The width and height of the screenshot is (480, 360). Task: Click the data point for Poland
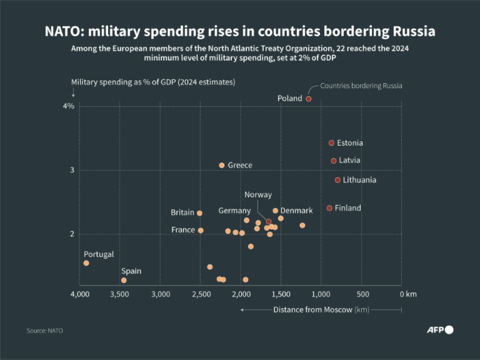click(x=309, y=99)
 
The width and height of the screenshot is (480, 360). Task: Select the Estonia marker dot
click(x=331, y=143)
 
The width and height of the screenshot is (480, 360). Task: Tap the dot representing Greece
click(x=222, y=165)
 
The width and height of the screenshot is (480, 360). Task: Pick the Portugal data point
click(x=86, y=263)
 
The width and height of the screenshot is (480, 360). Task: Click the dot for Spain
click(x=124, y=280)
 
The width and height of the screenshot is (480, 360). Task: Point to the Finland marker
click(x=329, y=208)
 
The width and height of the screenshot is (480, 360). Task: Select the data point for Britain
click(x=200, y=213)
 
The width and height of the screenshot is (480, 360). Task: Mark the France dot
click(x=201, y=231)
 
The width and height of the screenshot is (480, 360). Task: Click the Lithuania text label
click(x=359, y=180)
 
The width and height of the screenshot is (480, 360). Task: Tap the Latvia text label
click(x=349, y=160)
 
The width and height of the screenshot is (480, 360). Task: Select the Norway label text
click(x=258, y=195)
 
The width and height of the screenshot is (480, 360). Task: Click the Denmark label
click(x=296, y=211)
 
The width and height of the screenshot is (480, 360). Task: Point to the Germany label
click(x=235, y=211)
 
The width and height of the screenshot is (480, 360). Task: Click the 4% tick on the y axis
click(x=69, y=106)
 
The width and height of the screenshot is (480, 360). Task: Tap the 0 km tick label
click(x=405, y=294)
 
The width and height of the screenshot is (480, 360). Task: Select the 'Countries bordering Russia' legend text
click(x=361, y=85)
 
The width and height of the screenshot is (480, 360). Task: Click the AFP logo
click(x=440, y=330)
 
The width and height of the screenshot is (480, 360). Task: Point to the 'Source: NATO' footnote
click(x=45, y=331)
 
